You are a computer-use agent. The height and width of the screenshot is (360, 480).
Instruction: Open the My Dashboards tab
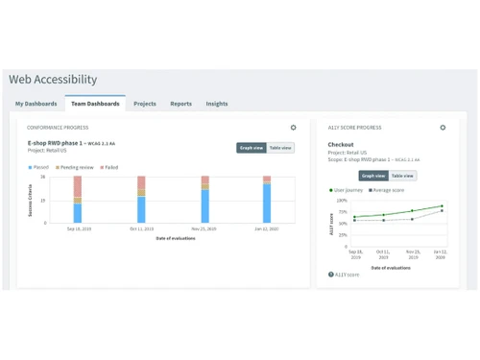[36, 104]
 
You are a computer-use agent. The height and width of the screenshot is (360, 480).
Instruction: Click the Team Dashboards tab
[95, 104]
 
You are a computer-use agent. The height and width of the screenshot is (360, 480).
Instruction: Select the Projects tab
[145, 104]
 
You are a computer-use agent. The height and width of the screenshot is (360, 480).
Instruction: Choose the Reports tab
[181, 104]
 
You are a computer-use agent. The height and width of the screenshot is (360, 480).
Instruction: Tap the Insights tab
[217, 104]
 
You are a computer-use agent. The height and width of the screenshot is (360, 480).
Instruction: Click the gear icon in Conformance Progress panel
[294, 128]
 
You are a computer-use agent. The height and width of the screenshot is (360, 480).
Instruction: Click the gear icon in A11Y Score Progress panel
[443, 128]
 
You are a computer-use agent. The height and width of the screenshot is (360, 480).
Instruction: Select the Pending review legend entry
[75, 167]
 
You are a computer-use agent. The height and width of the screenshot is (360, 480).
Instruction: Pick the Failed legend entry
[109, 167]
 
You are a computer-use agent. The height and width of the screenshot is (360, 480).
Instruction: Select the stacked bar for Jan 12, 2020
[267, 200]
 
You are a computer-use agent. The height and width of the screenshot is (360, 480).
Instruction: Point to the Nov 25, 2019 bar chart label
[204, 229]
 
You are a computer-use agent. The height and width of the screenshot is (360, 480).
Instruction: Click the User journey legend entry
[347, 190]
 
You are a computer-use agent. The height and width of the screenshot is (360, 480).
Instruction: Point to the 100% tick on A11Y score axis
[342, 201]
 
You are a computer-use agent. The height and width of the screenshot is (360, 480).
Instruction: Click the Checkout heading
[341, 145]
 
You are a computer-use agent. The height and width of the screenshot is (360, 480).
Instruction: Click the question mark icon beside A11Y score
[331, 275]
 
